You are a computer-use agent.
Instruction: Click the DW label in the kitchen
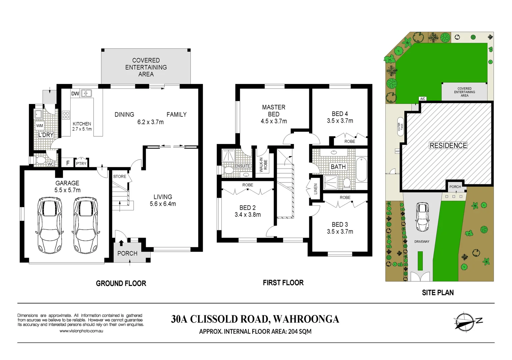click(75, 94)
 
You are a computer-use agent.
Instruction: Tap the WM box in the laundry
click(40, 126)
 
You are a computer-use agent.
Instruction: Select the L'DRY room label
click(46, 135)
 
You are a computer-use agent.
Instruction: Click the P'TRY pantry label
click(81, 163)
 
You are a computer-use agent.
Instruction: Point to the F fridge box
click(68, 163)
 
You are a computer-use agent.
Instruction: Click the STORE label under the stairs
click(120, 176)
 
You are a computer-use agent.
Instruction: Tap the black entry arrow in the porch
click(121, 243)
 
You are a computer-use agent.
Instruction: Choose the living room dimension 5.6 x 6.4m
click(163, 204)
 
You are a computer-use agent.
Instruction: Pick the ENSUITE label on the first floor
click(242, 166)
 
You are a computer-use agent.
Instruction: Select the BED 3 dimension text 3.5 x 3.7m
click(340, 231)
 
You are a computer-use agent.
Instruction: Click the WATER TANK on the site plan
click(400, 127)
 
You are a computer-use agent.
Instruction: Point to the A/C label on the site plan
click(422, 99)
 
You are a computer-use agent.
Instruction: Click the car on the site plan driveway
click(422, 217)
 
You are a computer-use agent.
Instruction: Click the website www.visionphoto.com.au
click(81, 331)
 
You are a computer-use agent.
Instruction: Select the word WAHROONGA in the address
click(306, 319)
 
